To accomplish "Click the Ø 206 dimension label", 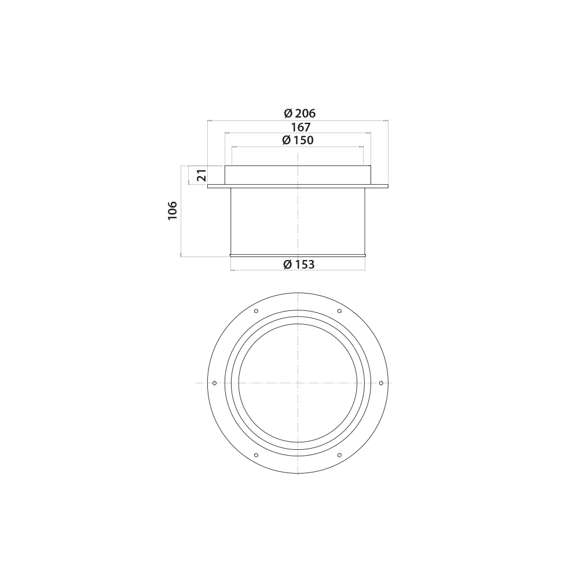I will (299, 113).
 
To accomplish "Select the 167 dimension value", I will (301, 127).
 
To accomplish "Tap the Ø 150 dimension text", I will (298, 140).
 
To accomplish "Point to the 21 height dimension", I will (201, 175).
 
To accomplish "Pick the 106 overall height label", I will (173, 211).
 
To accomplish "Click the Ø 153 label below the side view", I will (299, 265).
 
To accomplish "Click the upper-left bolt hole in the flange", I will (256, 311).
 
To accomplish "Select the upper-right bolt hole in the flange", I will (339, 311).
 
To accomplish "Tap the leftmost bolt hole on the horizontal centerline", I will (215, 383).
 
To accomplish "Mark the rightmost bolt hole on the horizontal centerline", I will (381, 383).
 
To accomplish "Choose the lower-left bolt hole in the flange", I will (256, 455).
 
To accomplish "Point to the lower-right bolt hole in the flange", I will (339, 455).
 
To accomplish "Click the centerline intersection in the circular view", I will (298, 383).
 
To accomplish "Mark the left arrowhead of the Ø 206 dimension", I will (210, 121).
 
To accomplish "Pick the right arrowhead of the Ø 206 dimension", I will (386, 121).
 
